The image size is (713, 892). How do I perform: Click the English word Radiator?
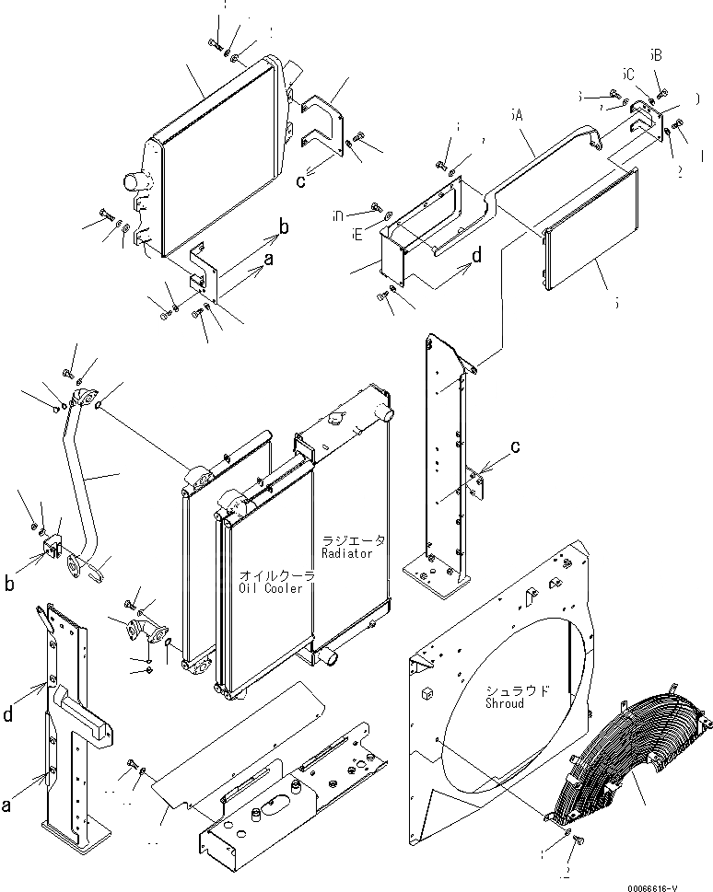coord(347,552)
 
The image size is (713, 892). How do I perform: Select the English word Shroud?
coord(505,702)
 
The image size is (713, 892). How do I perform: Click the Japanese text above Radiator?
coord(354,540)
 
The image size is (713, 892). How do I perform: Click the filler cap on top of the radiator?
coord(333,421)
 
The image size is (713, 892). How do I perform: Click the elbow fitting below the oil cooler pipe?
coord(145,634)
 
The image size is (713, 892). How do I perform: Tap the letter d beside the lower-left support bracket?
coord(9,712)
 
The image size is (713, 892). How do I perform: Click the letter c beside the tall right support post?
coord(516,446)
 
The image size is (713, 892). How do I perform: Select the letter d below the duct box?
coord(475,257)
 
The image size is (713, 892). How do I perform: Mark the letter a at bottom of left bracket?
coord(7,805)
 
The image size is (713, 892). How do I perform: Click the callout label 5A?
coord(519,118)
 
